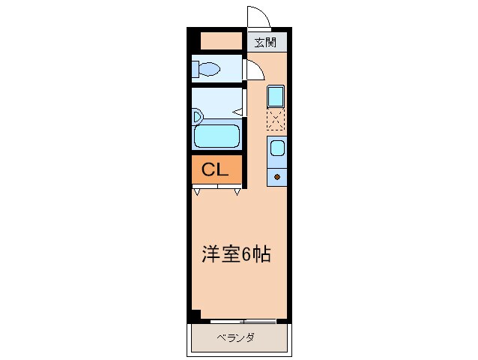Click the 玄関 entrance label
[x=265, y=42]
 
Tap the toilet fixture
[x=205, y=70]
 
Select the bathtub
[x=216, y=137]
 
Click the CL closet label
[x=215, y=170]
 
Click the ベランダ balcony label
[x=235, y=337]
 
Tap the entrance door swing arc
[x=258, y=16]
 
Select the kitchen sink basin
[x=276, y=147]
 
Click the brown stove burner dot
[x=276, y=177]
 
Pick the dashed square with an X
[x=276, y=118]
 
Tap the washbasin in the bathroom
[x=196, y=116]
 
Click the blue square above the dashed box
[x=276, y=96]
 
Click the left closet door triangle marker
[x=196, y=192]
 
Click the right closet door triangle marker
[x=238, y=192]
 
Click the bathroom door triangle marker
[x=237, y=112]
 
